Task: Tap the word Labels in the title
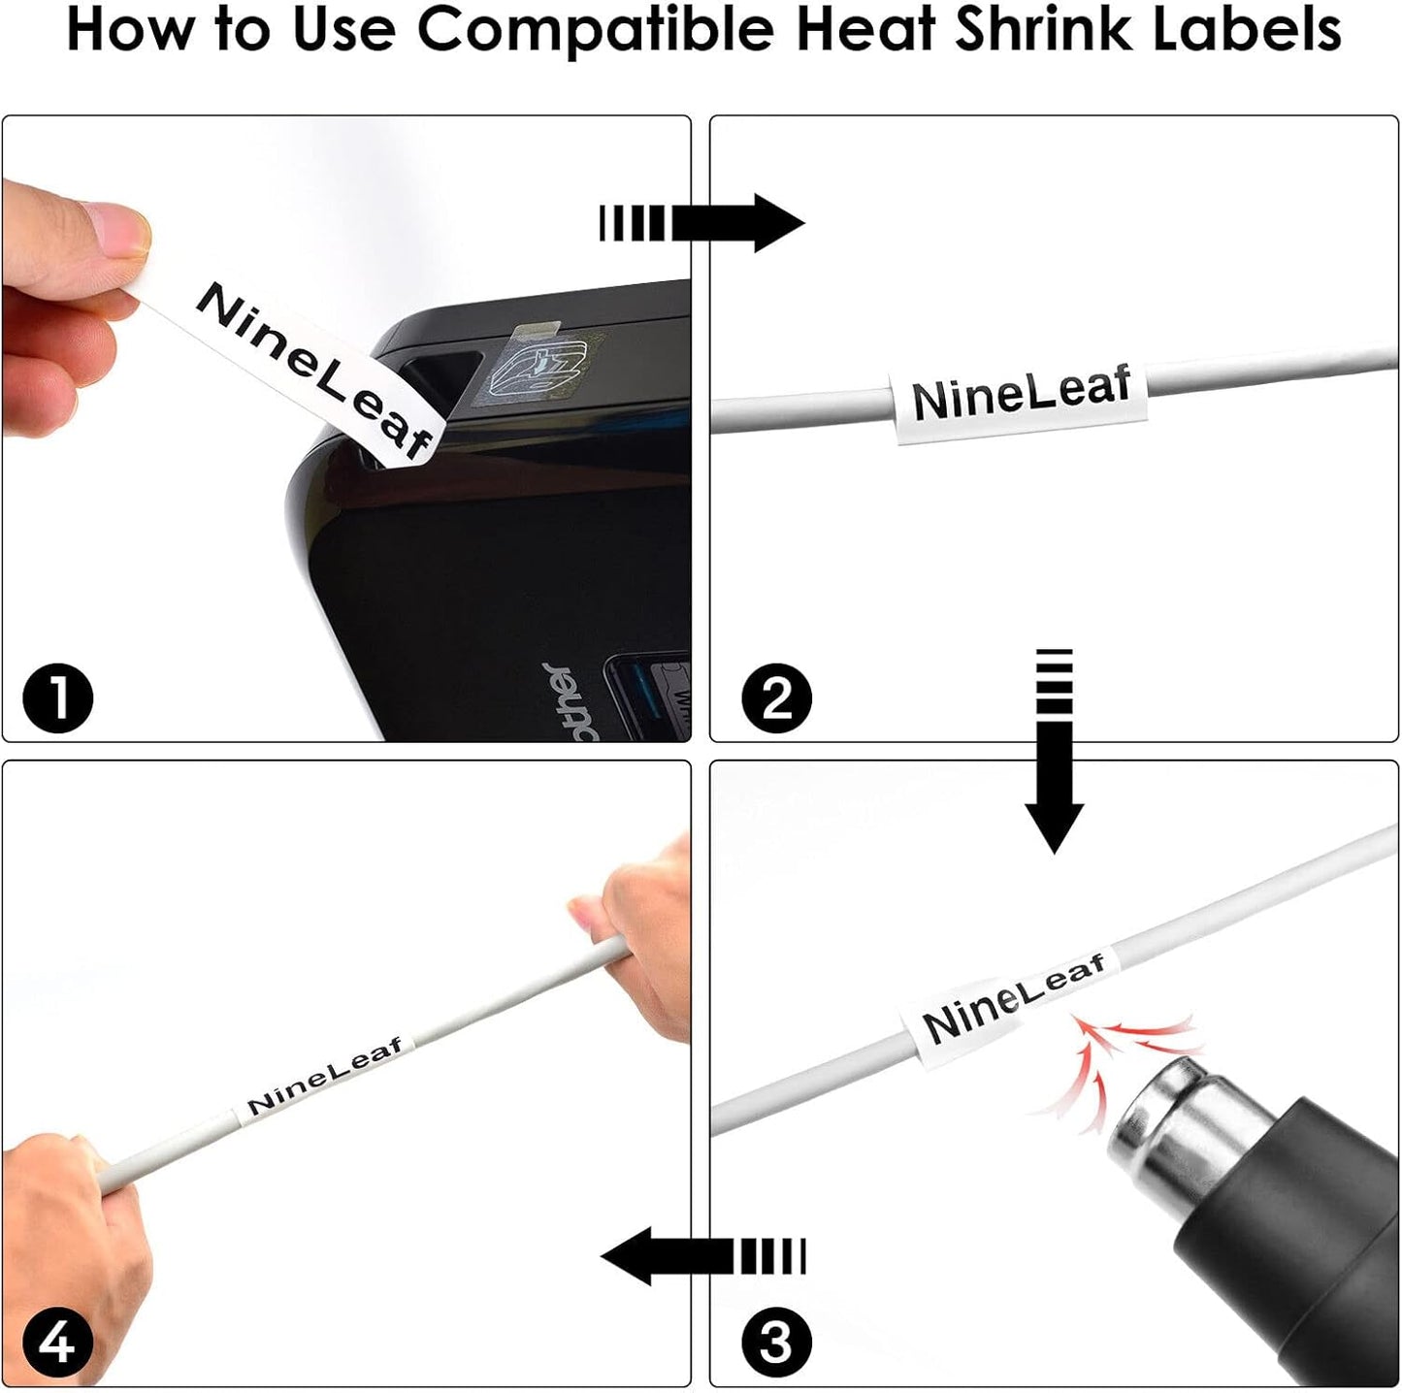click(1245, 29)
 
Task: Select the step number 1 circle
click(57, 698)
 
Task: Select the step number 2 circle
click(776, 698)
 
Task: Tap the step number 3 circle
click(776, 1344)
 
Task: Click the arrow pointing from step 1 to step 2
click(702, 223)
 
